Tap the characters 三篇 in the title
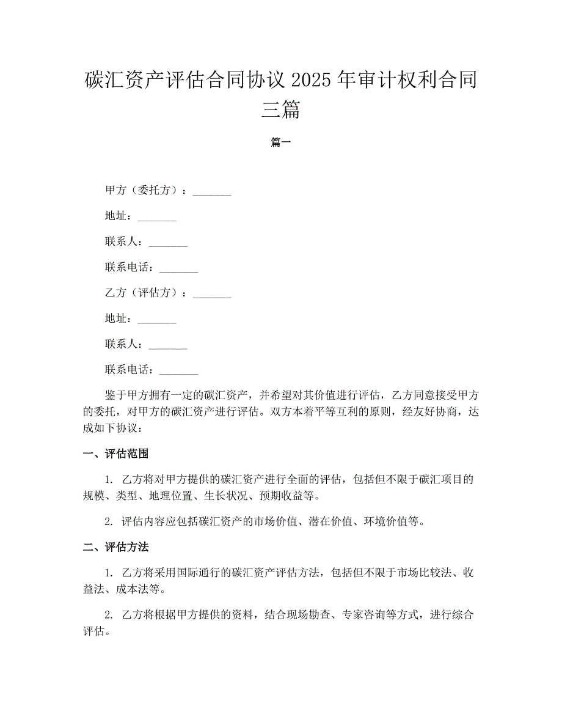pyautogui.click(x=281, y=109)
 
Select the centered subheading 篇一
pyautogui.click(x=281, y=142)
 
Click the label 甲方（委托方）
pyautogui.click(x=144, y=191)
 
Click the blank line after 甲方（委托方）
pyautogui.click(x=212, y=192)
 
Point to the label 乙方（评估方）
pyautogui.click(x=144, y=293)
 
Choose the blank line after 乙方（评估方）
pyautogui.click(x=212, y=294)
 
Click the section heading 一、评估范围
pyautogui.click(x=116, y=454)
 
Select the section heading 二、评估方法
pyautogui.click(x=116, y=546)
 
